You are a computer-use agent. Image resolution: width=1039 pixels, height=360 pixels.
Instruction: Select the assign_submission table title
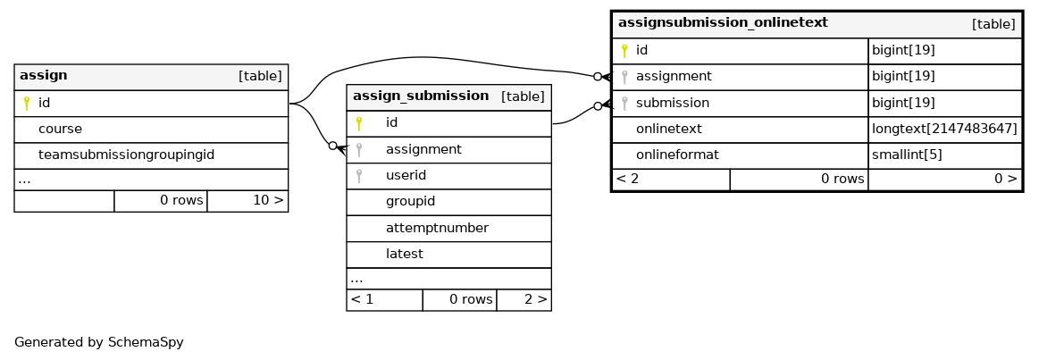(x=421, y=96)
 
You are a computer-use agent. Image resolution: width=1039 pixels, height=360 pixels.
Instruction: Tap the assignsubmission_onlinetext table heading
(x=723, y=23)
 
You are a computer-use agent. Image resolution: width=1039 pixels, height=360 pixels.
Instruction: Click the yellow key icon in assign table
(x=27, y=104)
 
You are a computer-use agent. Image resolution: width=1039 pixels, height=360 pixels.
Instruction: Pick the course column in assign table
(x=60, y=129)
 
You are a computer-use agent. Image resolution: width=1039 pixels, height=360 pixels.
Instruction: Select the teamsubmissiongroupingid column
(x=127, y=155)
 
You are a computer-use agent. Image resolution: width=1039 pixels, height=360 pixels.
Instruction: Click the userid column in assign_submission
(x=406, y=176)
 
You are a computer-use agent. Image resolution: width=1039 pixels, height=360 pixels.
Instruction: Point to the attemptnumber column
(x=438, y=228)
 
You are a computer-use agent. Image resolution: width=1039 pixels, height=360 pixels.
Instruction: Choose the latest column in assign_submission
(x=404, y=254)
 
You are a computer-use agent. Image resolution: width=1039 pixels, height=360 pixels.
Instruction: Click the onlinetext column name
(x=668, y=130)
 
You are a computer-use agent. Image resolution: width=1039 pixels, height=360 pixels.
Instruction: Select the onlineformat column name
(x=677, y=155)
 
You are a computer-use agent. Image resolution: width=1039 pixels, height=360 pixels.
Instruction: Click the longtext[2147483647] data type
(x=944, y=130)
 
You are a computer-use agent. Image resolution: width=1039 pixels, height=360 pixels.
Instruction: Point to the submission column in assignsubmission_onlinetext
(x=673, y=103)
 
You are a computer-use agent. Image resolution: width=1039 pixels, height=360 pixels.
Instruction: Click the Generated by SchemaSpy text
(x=99, y=343)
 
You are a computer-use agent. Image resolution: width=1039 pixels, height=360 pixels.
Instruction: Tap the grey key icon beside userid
(x=358, y=176)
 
